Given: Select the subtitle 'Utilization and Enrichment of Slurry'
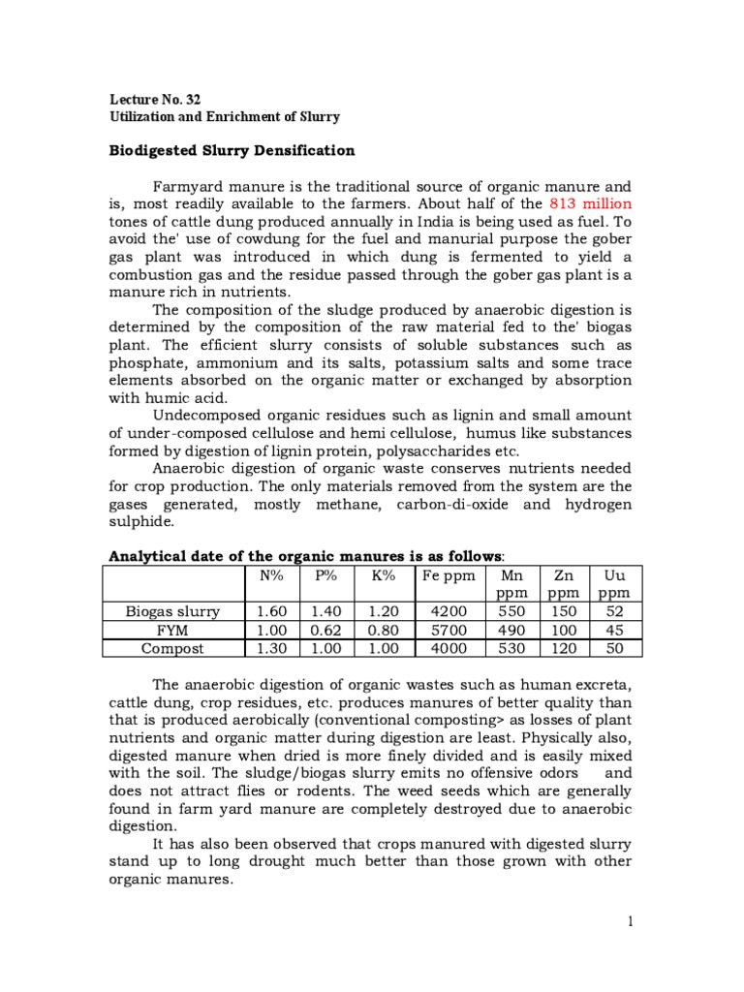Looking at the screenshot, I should (x=224, y=116).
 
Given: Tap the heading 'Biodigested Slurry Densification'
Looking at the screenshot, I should (x=231, y=151).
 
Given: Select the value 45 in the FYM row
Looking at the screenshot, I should (x=613, y=630).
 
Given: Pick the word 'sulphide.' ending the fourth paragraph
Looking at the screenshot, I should (x=141, y=521).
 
